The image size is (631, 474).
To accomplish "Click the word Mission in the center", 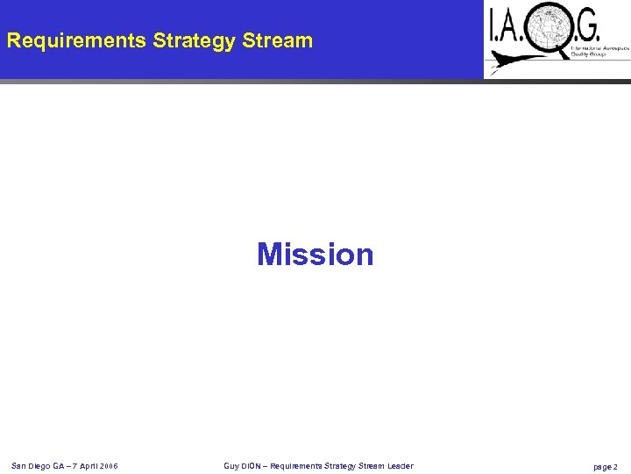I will coord(315,255).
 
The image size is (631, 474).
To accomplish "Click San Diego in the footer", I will coord(30,465).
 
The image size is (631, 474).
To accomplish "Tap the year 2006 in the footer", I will coord(109,465).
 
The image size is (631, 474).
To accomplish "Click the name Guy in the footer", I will coord(231,465).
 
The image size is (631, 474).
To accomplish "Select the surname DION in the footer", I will coord(252,465).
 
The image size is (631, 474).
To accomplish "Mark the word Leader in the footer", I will coord(400,465).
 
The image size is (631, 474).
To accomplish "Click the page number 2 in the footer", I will coord(615,466).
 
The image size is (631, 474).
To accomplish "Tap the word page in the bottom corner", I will coord(602,466).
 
